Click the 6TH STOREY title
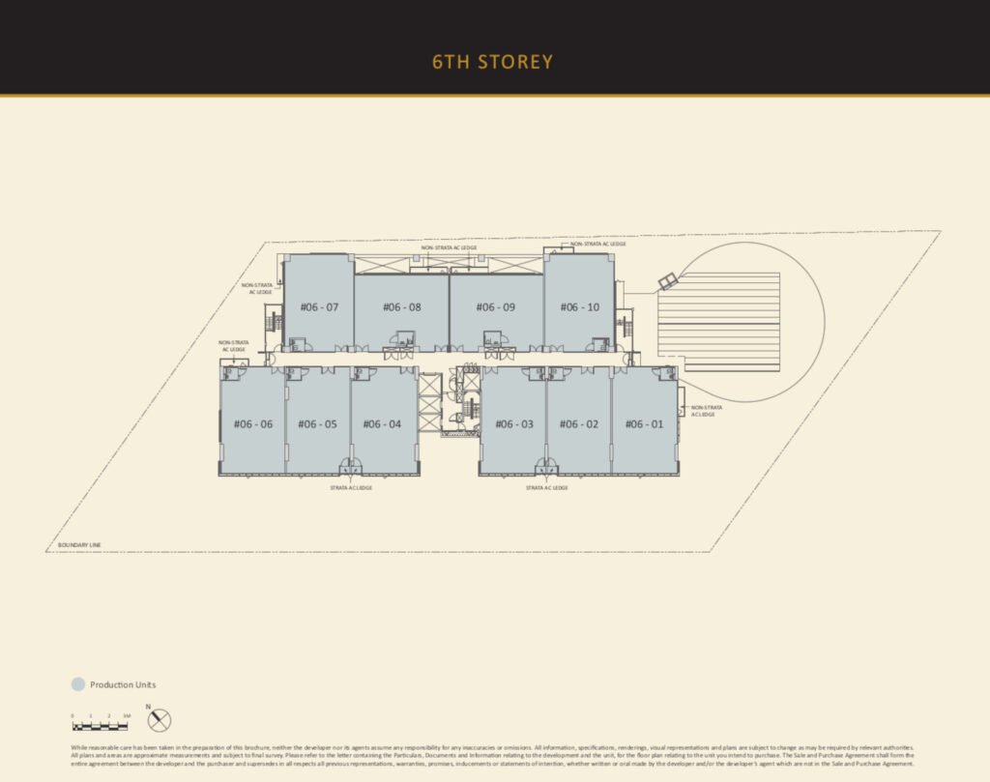(x=493, y=63)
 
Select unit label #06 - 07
(x=319, y=307)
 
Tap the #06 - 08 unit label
(x=401, y=307)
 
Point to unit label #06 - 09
(x=495, y=307)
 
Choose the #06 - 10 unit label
(x=579, y=307)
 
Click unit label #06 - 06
(x=253, y=423)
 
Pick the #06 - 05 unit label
(x=317, y=423)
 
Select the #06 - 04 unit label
(x=382, y=423)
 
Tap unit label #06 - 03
(x=514, y=423)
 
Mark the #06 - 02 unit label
(x=579, y=423)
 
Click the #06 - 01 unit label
(x=644, y=423)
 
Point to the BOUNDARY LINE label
(x=79, y=545)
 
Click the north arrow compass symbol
(x=160, y=719)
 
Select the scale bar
(x=101, y=725)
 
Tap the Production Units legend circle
(x=78, y=684)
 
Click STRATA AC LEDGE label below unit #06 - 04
(x=351, y=488)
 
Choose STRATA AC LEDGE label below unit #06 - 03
(x=547, y=488)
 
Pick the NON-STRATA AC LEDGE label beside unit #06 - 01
(x=707, y=411)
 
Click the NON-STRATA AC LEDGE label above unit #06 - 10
(x=598, y=244)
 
